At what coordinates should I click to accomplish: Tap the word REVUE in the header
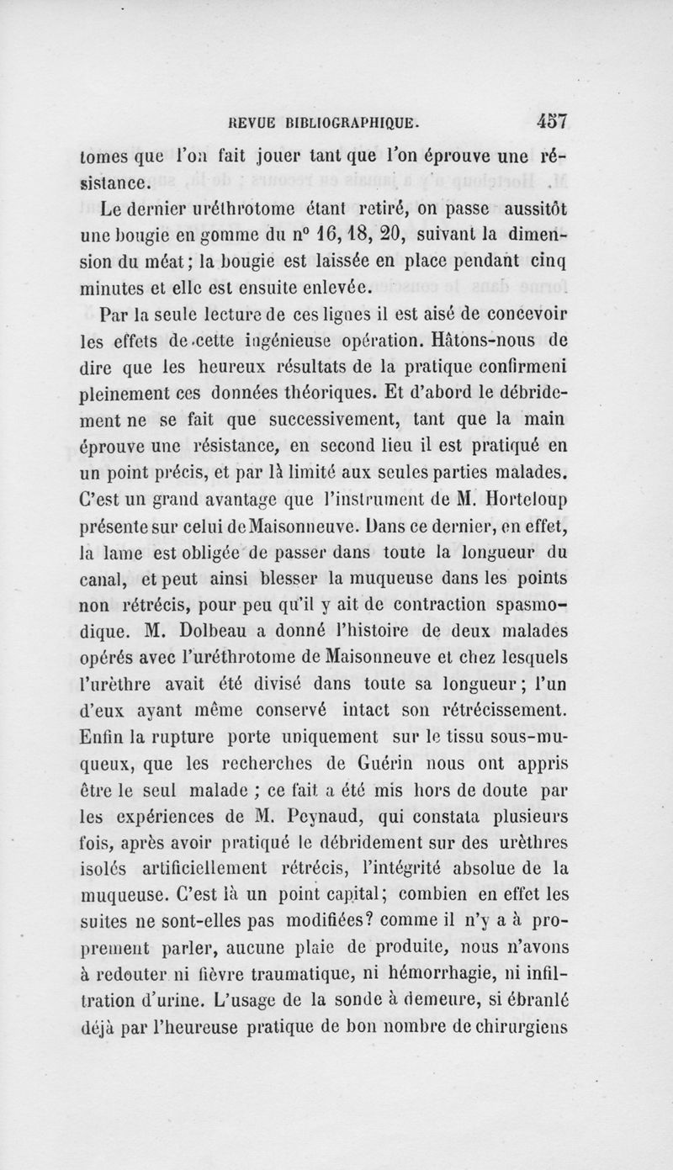tap(245, 120)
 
